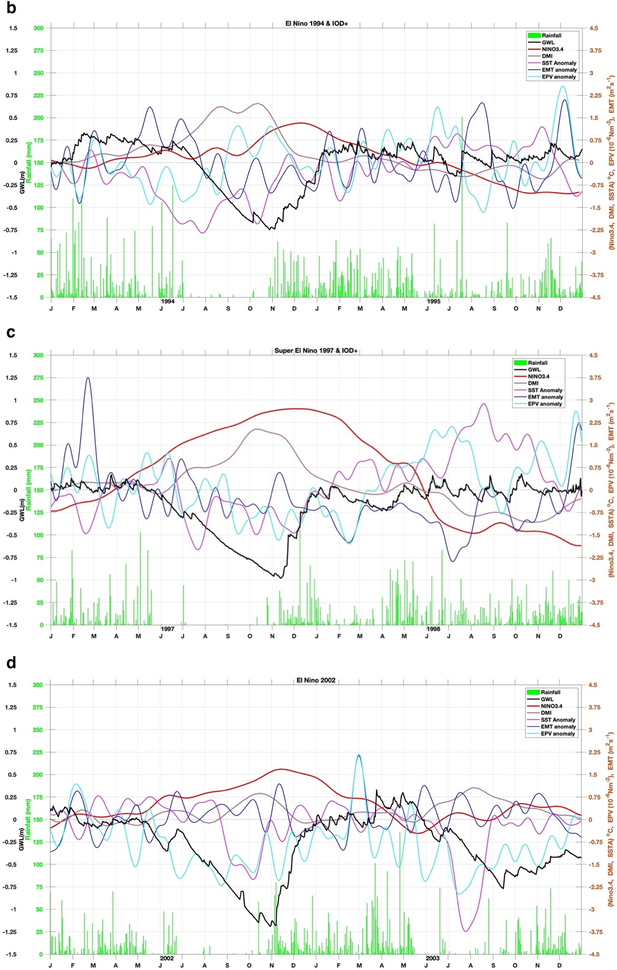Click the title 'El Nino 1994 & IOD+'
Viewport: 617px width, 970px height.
317,24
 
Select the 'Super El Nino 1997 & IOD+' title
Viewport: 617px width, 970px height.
316,350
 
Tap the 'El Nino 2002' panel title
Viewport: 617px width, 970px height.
316,680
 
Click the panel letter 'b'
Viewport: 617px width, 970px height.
11,8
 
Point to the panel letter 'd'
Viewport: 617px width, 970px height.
11,663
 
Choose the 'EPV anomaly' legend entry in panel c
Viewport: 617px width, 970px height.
545,404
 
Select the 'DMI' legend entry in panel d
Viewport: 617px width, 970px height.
546,713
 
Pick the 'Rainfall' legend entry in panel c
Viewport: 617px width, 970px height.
537,362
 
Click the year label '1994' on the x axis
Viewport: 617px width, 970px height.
168,301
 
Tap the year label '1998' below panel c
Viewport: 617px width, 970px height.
433,629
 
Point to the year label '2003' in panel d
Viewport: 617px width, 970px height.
433,958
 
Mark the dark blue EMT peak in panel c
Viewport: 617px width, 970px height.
88,378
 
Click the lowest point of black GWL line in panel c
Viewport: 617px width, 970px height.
280,577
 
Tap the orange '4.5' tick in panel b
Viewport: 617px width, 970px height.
594,28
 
